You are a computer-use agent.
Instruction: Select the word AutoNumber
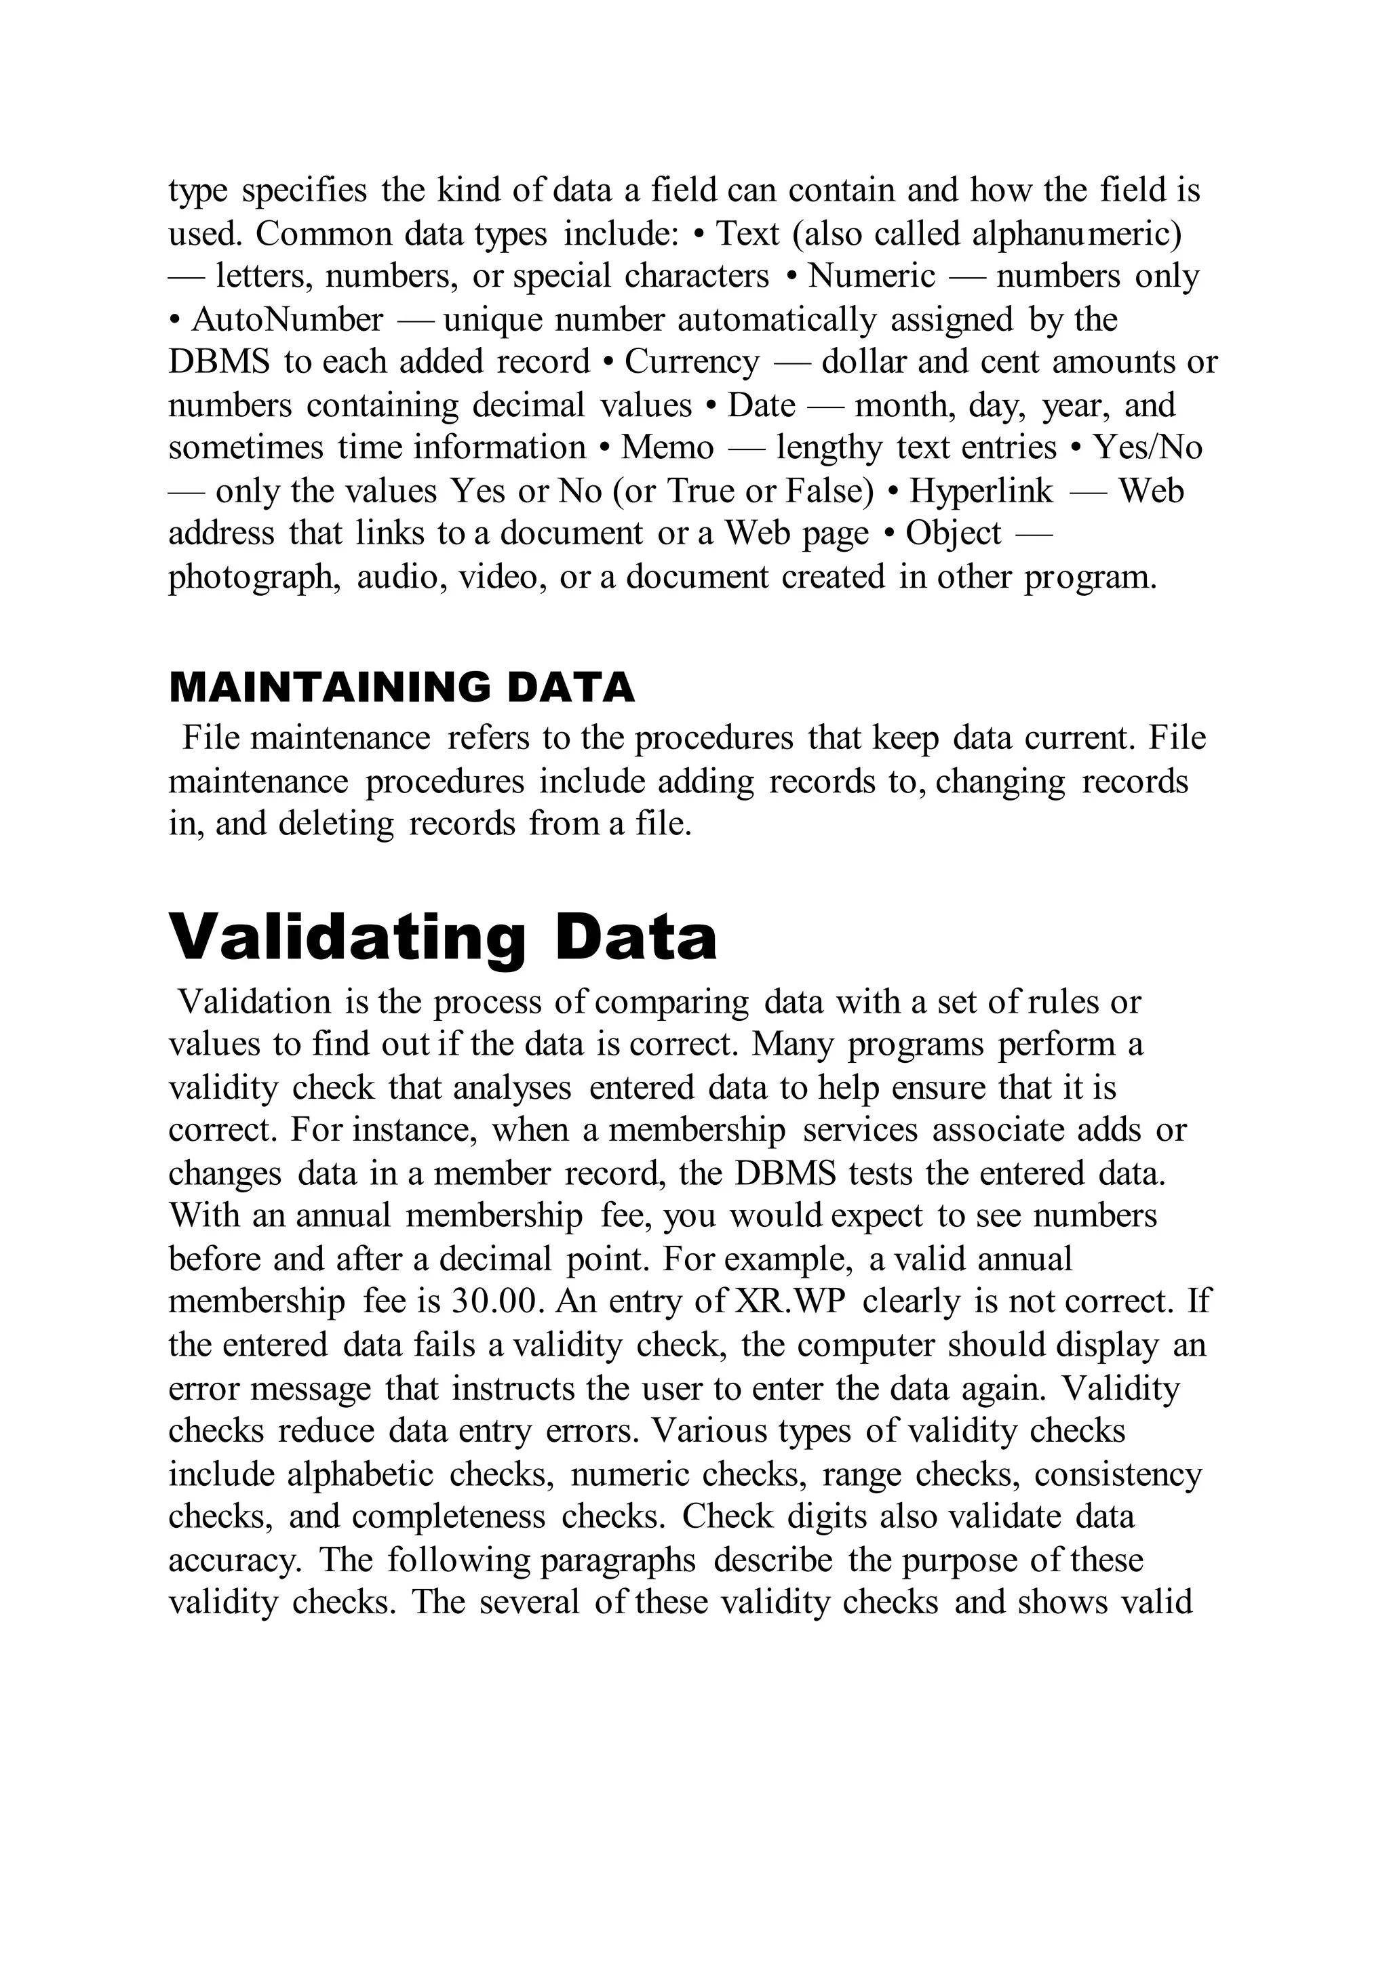click(x=288, y=320)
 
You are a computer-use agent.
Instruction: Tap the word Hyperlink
click(x=981, y=491)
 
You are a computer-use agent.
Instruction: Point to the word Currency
click(x=691, y=363)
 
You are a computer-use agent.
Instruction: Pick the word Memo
click(x=667, y=448)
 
